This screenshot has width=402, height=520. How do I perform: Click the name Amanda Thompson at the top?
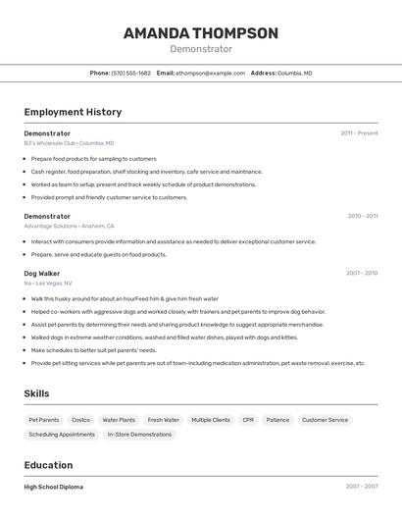click(200, 33)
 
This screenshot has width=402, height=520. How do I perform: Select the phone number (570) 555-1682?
click(131, 73)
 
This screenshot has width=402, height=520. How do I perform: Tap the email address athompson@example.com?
click(210, 73)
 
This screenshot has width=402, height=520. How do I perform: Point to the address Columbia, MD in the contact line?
click(295, 73)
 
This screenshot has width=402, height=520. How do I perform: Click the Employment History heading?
click(73, 112)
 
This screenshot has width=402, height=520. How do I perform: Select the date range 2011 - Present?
click(359, 133)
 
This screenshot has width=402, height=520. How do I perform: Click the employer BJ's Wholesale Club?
click(50, 143)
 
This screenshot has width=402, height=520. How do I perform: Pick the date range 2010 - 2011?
click(362, 216)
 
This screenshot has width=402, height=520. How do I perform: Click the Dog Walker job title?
click(42, 274)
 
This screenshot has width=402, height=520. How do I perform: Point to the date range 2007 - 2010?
click(362, 274)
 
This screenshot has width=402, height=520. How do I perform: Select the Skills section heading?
click(37, 393)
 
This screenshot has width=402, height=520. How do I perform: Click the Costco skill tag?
click(80, 420)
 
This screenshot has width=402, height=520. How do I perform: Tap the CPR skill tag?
click(248, 420)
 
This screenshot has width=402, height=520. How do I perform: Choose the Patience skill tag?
click(277, 420)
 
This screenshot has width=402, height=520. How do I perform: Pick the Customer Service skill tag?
click(325, 420)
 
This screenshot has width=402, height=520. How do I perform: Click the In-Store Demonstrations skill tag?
click(139, 434)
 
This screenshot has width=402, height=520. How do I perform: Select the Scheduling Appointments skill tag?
click(62, 434)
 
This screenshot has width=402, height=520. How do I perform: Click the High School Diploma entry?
click(54, 487)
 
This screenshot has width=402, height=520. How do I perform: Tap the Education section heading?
click(48, 465)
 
